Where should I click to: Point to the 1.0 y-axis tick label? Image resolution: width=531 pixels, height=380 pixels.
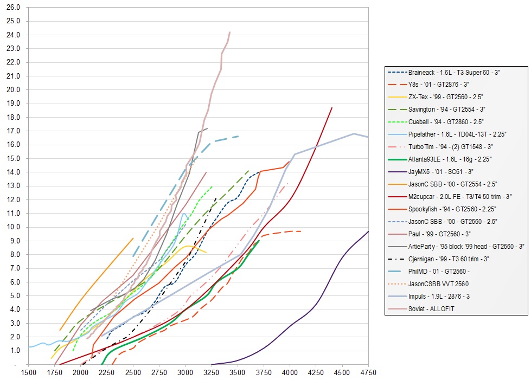click(x=14, y=350)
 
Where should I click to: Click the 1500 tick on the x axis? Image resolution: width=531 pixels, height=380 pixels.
click(x=28, y=373)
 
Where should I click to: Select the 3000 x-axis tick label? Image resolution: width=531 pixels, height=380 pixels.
click(x=185, y=373)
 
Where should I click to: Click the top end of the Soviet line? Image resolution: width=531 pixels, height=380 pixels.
click(x=230, y=32)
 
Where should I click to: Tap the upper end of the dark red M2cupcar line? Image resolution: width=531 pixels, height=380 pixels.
click(x=332, y=108)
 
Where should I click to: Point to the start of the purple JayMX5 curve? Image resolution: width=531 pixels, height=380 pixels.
click(x=212, y=364)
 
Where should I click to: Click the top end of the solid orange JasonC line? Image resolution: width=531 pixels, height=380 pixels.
click(x=133, y=238)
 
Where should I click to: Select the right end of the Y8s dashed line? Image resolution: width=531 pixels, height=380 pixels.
click(x=301, y=231)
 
